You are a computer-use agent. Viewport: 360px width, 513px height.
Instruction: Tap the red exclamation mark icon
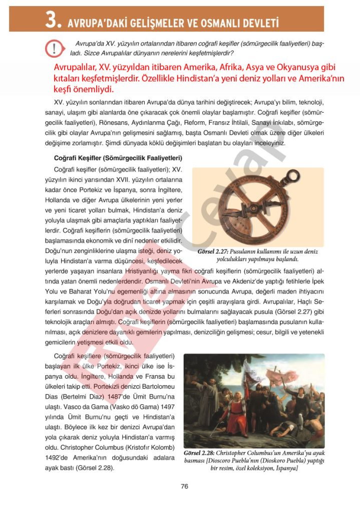click(x=53, y=48)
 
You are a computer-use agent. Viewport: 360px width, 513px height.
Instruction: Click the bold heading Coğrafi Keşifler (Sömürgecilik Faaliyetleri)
click(x=111, y=158)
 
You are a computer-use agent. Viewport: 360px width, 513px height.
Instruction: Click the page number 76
click(x=184, y=486)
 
